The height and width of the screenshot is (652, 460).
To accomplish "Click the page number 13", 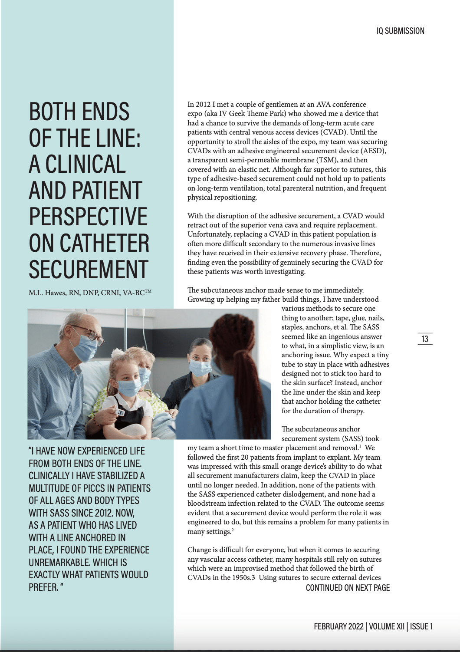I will pyautogui.click(x=425, y=339).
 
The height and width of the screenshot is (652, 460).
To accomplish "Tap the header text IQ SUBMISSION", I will pyautogui.click(x=400, y=31).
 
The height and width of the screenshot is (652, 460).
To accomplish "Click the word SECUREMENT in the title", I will pyautogui.click(x=89, y=269).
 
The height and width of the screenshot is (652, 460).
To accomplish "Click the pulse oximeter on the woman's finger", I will pyautogui.click(x=121, y=413).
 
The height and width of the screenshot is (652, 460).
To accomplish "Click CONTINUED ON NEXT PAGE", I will pyautogui.click(x=348, y=588).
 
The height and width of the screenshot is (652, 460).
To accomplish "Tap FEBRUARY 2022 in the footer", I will pyautogui.click(x=338, y=626).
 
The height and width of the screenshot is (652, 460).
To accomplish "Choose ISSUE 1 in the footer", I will pyautogui.click(x=422, y=626).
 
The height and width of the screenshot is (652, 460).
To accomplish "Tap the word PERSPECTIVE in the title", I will pyautogui.click(x=89, y=217).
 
